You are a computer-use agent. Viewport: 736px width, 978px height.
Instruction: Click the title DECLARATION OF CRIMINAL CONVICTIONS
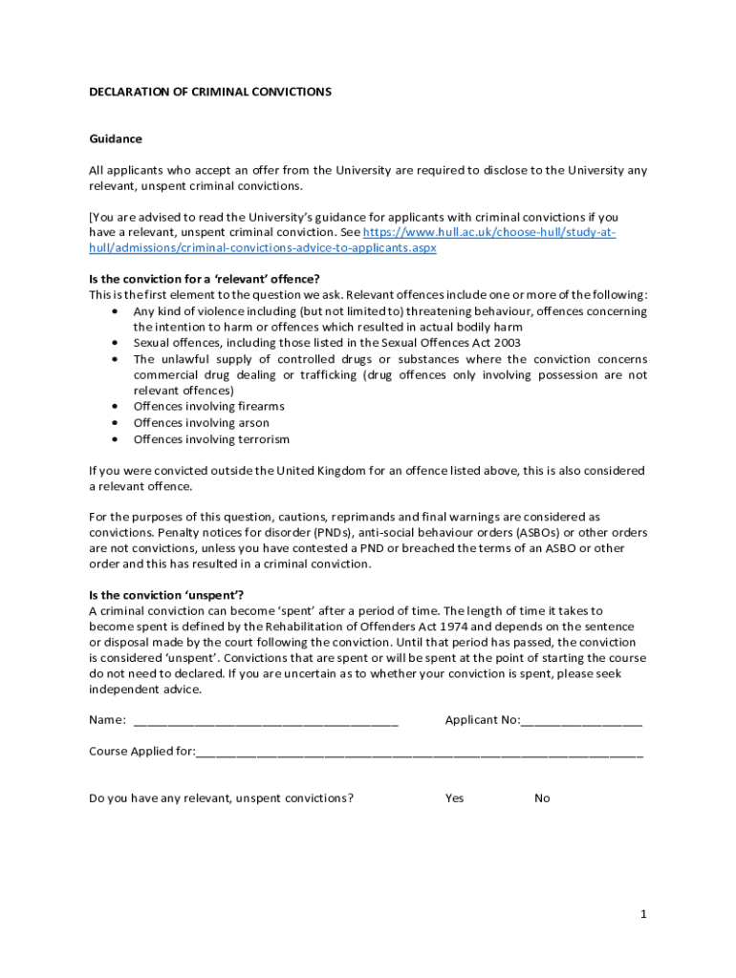210,92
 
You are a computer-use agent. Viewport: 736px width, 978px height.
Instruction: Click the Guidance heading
116,138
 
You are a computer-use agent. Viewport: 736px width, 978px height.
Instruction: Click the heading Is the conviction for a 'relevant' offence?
205,279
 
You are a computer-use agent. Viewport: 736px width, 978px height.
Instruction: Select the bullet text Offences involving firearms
208,407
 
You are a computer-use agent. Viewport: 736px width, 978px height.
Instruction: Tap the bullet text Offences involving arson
201,423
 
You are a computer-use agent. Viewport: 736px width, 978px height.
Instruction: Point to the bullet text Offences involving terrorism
211,439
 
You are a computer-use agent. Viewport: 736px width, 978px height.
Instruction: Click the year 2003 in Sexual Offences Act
507,343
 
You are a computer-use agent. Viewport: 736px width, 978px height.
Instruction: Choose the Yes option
454,798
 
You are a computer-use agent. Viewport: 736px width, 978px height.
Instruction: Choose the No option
542,798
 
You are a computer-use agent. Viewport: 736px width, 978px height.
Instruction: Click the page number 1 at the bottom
643,914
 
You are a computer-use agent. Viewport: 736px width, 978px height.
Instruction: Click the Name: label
107,720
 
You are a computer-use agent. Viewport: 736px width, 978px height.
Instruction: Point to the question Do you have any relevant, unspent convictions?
221,798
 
